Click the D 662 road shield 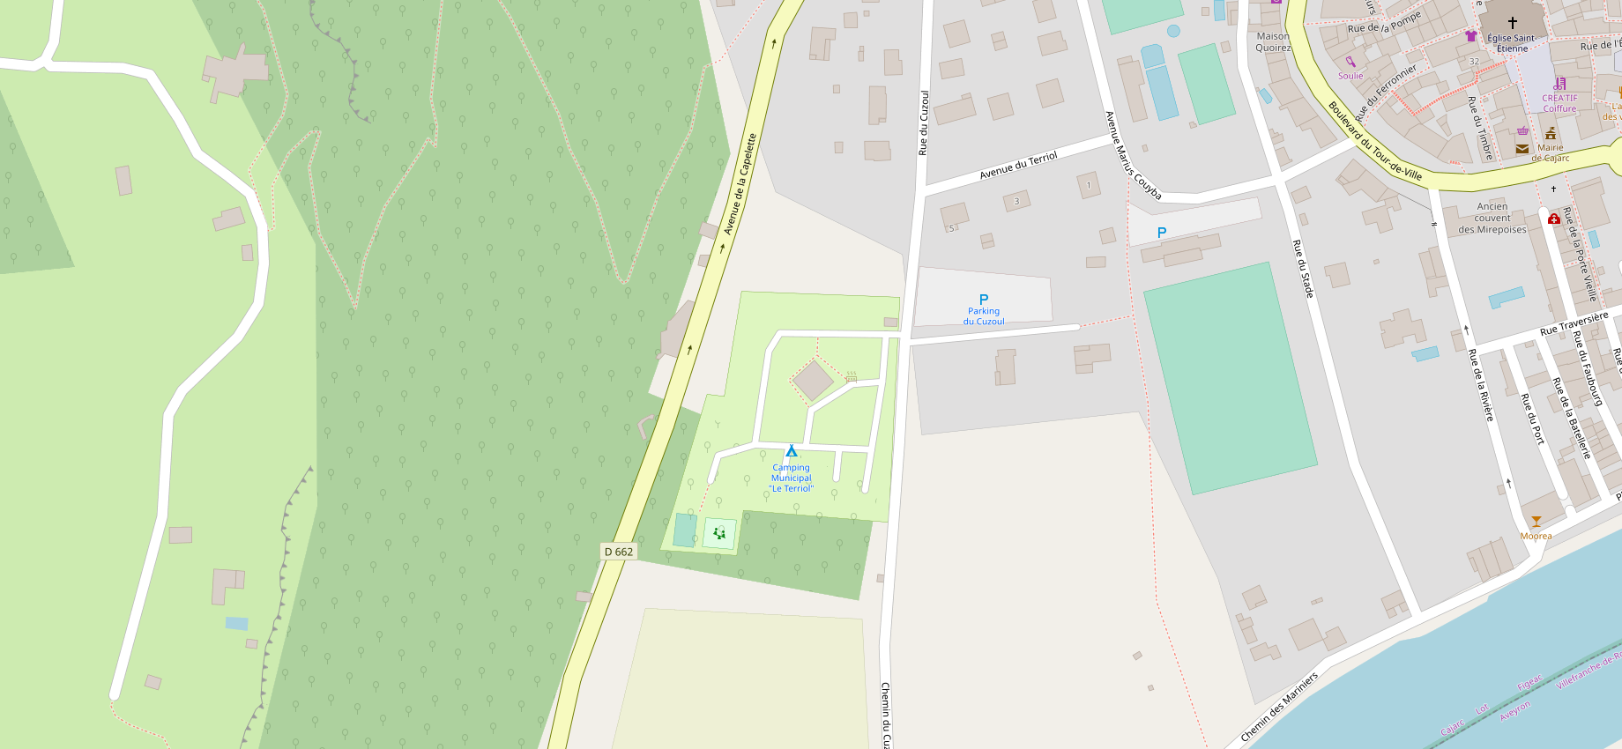tap(618, 552)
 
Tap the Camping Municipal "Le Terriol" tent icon tap(791, 451)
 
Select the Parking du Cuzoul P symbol tap(984, 300)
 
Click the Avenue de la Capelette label tap(740, 184)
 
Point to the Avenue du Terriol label tap(1018, 166)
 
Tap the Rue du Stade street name tap(1303, 268)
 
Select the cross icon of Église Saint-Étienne tap(1512, 23)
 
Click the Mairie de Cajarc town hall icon tap(1550, 133)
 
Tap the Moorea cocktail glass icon tap(1536, 522)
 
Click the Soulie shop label tap(1350, 76)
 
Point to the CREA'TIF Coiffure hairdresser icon tap(1559, 84)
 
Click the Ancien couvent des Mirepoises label tap(1492, 218)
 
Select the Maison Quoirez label tap(1273, 42)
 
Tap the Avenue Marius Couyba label tap(1133, 155)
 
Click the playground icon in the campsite tap(719, 532)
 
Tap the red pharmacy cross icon tap(1554, 219)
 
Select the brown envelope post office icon tap(1522, 149)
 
